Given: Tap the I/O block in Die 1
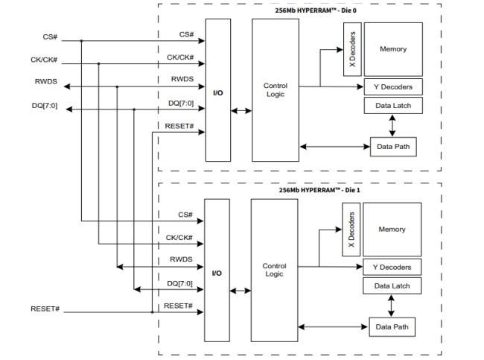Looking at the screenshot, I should click(x=217, y=273).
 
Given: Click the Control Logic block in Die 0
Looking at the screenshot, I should click(x=275, y=90).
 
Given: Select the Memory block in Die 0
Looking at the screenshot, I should click(x=393, y=49).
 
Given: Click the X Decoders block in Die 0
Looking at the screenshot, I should click(x=351, y=49).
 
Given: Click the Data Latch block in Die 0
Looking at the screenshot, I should click(x=393, y=106).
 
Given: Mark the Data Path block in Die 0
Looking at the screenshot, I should click(x=394, y=147).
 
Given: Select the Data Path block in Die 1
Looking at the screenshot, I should click(x=392, y=326).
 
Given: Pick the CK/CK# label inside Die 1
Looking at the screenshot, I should click(x=179, y=238).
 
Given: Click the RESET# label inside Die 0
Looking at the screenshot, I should click(x=179, y=126).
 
